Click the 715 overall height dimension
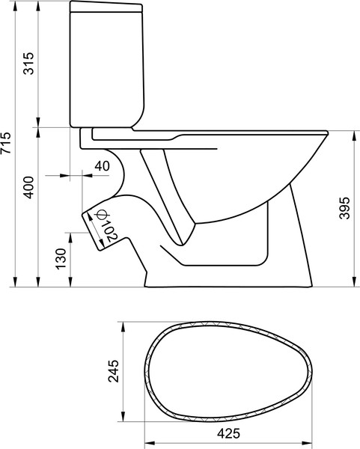click(7, 143)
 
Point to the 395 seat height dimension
click(344, 210)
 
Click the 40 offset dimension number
click(103, 165)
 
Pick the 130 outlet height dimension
click(61, 258)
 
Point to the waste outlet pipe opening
click(92, 226)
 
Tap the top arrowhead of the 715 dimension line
click(16, 4)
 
